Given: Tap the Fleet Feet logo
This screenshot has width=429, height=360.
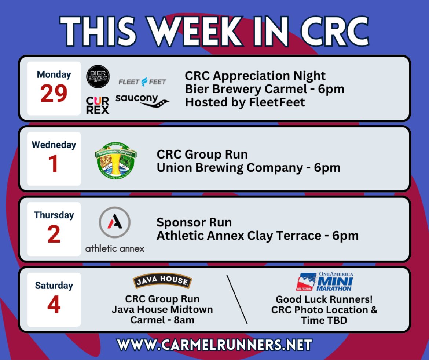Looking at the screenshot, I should [142, 81].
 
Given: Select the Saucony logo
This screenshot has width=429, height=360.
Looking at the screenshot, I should [142, 101].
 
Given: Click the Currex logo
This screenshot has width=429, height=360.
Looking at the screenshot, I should [98, 105].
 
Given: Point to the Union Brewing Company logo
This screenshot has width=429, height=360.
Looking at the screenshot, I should [115, 160].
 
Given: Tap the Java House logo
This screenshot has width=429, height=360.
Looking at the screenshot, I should [162, 281].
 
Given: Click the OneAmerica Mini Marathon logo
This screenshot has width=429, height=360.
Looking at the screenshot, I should [324, 281].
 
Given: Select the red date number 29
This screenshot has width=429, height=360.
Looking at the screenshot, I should [54, 94].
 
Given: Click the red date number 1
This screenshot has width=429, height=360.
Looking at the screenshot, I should [54, 164].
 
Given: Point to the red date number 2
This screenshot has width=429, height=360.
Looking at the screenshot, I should [54, 235].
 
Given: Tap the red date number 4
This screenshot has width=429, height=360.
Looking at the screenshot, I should [54, 305].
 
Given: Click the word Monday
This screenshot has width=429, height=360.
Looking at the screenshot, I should [54, 74].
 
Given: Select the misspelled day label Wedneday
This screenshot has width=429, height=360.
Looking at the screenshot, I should [54, 145].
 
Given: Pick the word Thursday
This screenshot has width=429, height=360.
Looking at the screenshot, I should [54, 215].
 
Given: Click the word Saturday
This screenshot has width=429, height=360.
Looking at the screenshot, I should [54, 285].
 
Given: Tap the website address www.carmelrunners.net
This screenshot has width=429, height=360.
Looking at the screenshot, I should [214, 345].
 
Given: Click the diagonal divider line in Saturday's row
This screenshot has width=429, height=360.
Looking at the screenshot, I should [237, 299].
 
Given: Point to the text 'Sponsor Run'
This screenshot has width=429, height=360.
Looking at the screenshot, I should [194, 222].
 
